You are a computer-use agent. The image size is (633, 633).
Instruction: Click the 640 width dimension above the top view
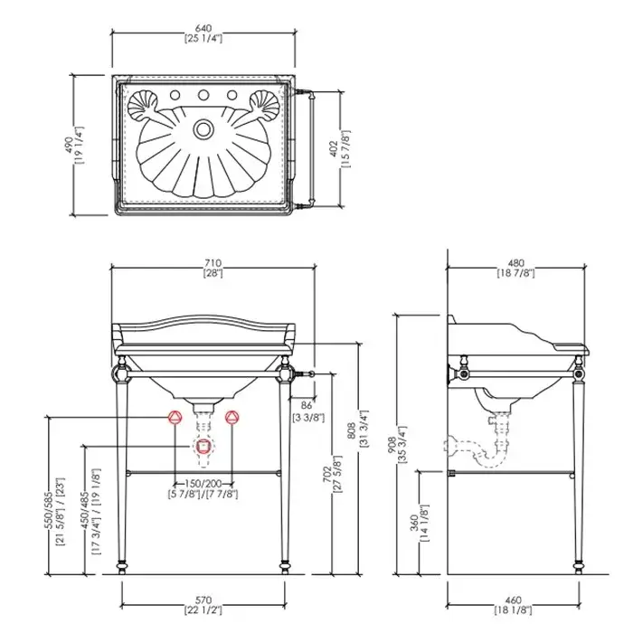[x=203, y=33]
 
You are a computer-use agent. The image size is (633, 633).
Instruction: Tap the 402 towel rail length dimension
[x=339, y=149]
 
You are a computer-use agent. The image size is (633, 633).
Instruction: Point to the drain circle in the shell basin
[x=203, y=129]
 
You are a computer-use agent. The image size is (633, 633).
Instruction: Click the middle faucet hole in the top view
[x=203, y=95]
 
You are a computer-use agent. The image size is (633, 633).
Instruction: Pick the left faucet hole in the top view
[x=175, y=95]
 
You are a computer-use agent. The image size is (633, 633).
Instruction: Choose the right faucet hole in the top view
[x=231, y=95]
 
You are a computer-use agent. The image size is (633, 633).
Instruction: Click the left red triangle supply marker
[x=175, y=417]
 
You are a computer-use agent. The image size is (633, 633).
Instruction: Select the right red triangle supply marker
[x=232, y=417]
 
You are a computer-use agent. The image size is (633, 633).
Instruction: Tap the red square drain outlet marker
[x=203, y=446]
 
